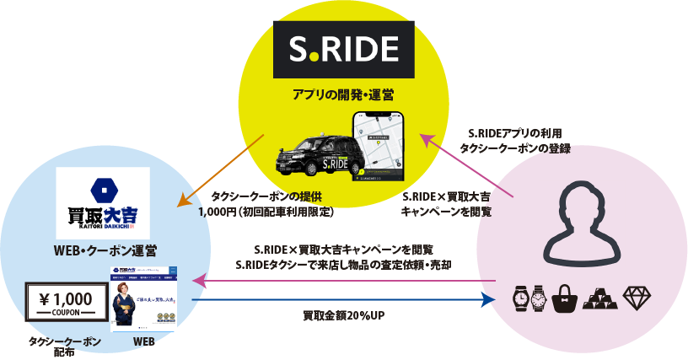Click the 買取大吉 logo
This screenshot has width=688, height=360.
[x=103, y=202]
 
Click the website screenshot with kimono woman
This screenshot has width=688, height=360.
[x=145, y=300]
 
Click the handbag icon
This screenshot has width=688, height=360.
[x=564, y=298]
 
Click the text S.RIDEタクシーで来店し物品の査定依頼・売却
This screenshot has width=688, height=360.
[x=343, y=265]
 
